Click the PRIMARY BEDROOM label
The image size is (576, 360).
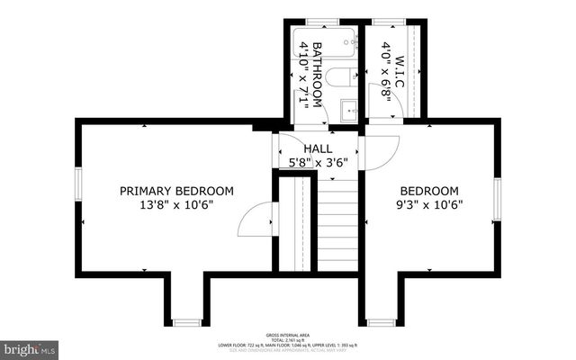coord(177,191)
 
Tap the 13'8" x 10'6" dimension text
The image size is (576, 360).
coord(177,205)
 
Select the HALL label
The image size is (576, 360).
coord(318,148)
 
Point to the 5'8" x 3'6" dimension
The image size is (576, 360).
coord(318,163)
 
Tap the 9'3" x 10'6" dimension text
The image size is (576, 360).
coord(429,205)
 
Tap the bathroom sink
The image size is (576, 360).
coord(349,110)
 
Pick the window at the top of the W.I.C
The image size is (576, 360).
coord(388,21)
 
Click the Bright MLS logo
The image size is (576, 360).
coord(30,346)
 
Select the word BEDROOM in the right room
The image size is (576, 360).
coord(429,191)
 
